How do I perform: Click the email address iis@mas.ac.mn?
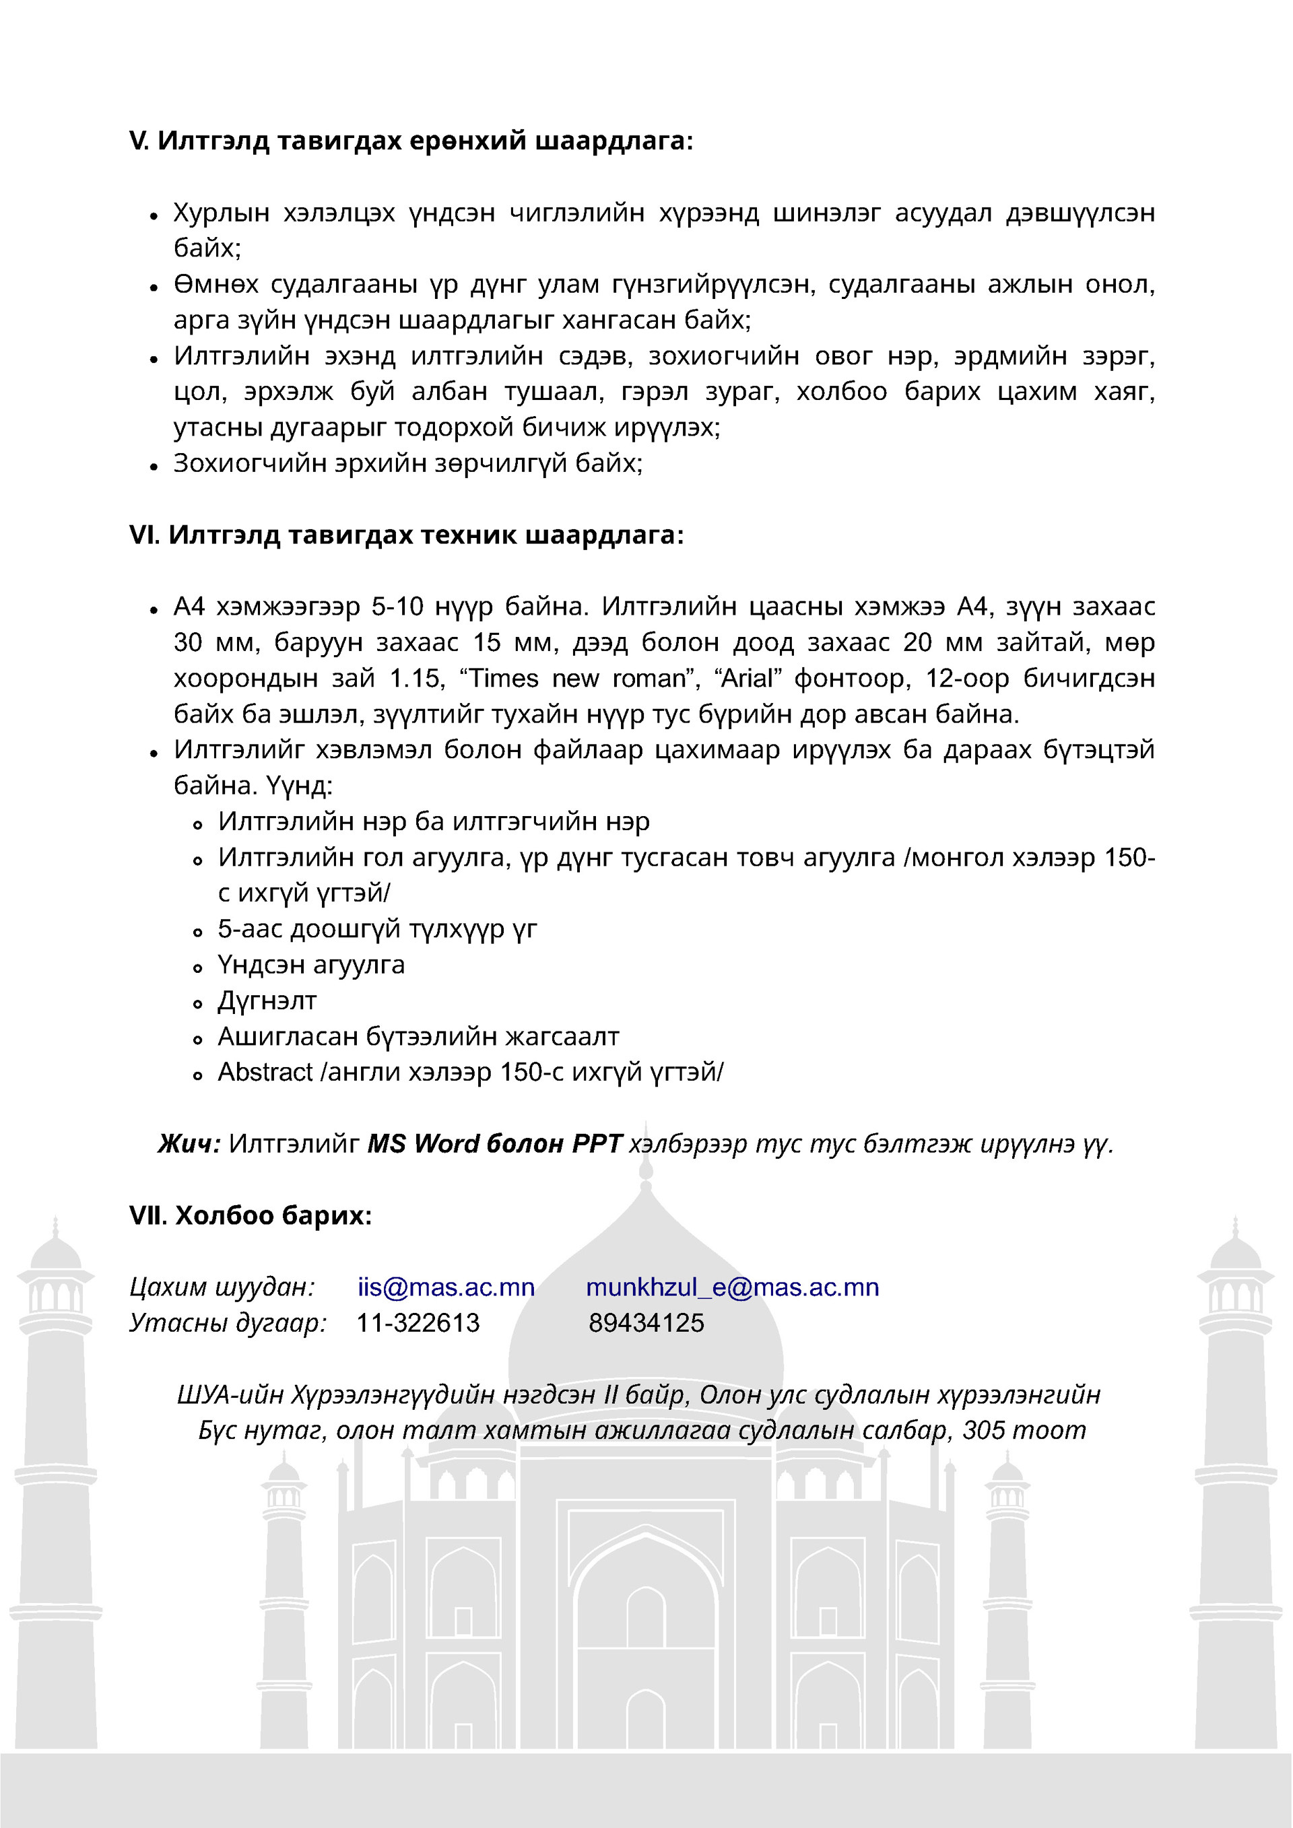pos(446,1287)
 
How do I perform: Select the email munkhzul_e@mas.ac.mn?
pos(733,1287)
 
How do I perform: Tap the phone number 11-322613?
pos(418,1323)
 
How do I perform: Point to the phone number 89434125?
pos(646,1323)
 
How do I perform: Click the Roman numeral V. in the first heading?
pos(139,141)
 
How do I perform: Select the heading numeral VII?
pos(147,1216)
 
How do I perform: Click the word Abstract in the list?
pos(265,1073)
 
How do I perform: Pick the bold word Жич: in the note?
pos(189,1144)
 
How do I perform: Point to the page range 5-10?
pos(397,607)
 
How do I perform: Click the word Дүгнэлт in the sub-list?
pos(267,1001)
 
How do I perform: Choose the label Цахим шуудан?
pos(222,1287)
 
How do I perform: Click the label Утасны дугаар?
pos(228,1323)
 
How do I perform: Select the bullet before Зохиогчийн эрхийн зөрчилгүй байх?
pos(154,467)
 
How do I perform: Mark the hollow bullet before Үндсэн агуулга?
pos(198,968)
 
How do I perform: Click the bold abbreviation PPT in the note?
pos(597,1144)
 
